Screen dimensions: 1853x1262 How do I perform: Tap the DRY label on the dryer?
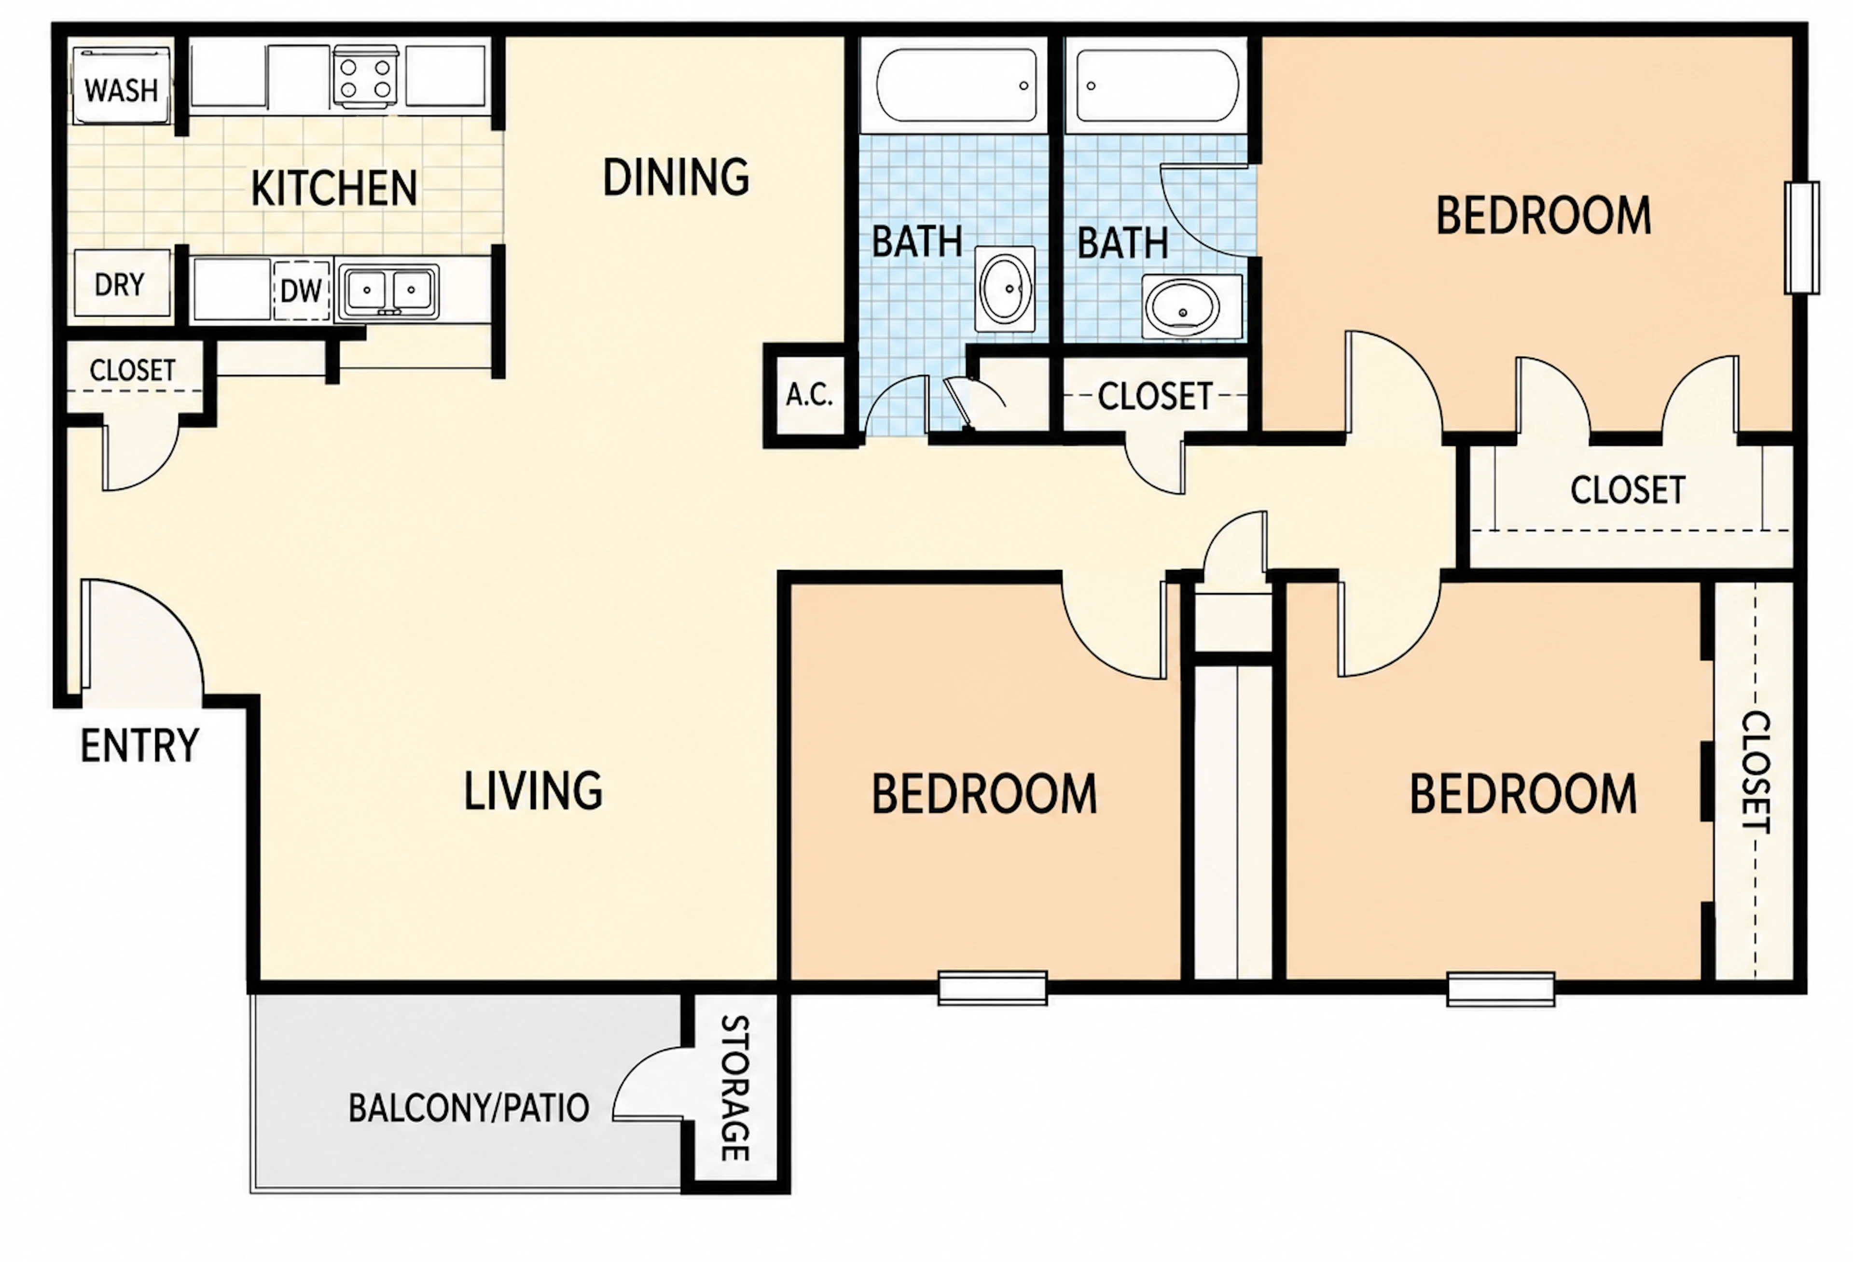(x=120, y=285)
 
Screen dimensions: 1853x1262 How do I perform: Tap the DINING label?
(x=676, y=177)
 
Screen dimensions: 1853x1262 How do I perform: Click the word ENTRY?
(x=139, y=746)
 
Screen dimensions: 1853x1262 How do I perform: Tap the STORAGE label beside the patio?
(x=734, y=1088)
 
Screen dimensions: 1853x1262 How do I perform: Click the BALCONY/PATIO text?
(x=469, y=1108)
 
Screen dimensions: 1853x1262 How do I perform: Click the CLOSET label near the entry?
(x=132, y=371)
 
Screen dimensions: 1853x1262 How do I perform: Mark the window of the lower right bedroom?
(x=1501, y=988)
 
